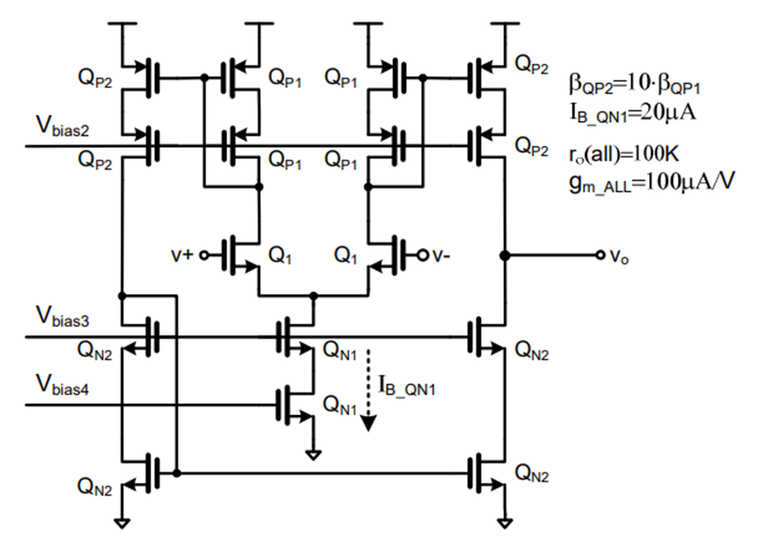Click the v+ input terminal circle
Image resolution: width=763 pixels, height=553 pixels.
pyautogui.click(x=204, y=255)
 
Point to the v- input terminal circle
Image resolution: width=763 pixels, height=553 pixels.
pyautogui.click(x=423, y=255)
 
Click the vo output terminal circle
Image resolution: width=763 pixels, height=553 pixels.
pyautogui.click(x=600, y=255)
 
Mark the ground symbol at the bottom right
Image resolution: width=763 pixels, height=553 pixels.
pyautogui.click(x=504, y=523)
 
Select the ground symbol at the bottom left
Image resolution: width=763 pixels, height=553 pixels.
pyautogui.click(x=121, y=523)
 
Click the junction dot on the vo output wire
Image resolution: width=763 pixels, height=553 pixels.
pyautogui.click(x=504, y=255)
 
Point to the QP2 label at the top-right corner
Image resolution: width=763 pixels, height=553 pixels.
pyautogui.click(x=532, y=61)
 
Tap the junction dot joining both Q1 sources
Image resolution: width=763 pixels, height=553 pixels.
pyautogui.click(x=313, y=296)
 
